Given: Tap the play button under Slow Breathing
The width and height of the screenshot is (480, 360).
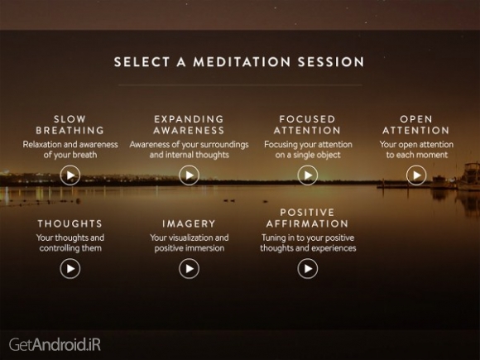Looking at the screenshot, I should [x=70, y=175].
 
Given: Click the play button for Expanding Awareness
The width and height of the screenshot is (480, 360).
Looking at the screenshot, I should [x=190, y=175].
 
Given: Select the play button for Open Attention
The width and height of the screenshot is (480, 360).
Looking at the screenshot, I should [x=416, y=175].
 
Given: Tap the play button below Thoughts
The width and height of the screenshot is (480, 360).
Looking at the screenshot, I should [x=70, y=268].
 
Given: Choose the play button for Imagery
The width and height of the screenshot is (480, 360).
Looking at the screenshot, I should [x=190, y=268].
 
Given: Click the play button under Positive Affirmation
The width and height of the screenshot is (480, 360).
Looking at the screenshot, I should [x=308, y=268].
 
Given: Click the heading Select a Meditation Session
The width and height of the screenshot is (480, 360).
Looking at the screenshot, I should [x=239, y=61].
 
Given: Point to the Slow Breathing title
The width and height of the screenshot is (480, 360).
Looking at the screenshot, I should [x=70, y=124].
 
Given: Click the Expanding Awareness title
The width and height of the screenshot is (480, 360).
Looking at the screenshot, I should [x=190, y=124].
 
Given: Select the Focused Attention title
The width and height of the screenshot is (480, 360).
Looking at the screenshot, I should [x=308, y=124].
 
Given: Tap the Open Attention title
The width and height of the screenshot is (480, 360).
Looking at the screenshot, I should [x=416, y=124].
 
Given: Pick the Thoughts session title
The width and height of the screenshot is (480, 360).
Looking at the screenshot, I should [x=70, y=223].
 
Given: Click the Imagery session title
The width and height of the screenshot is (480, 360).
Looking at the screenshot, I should [x=190, y=223].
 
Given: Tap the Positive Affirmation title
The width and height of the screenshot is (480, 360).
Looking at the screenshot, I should [x=308, y=218].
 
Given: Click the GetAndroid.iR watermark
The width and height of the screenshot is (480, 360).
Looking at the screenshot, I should [x=55, y=342].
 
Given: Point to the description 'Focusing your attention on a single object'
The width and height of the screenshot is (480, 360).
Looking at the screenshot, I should [x=308, y=150].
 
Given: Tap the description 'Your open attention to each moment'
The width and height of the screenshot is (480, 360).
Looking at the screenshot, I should [x=416, y=150].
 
